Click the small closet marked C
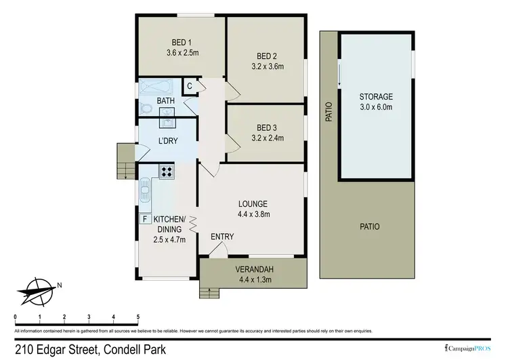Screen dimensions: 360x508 click(190, 86)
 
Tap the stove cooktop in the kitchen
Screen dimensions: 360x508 click(167, 172)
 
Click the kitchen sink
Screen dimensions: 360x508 click(145, 192)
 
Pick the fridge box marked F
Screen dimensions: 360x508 click(144, 218)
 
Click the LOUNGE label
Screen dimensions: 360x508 click(253, 203)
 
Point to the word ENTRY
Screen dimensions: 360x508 click(222, 237)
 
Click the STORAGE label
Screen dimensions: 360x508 click(376, 97)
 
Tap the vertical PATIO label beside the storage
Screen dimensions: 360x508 click(329, 111)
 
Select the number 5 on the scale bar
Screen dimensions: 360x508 click(138, 317)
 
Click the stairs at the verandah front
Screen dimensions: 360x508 click(210, 292)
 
